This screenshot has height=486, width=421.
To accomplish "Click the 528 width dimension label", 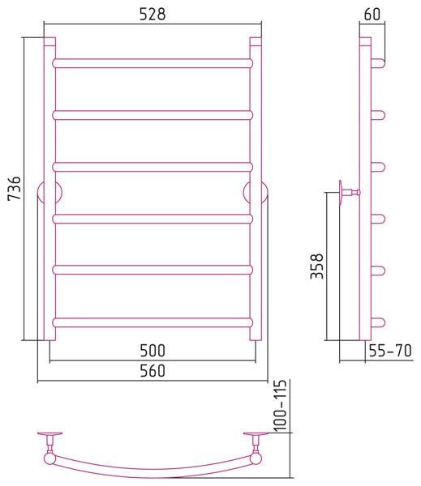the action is [x=153, y=15].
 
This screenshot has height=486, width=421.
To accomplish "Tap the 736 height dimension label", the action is [x=15, y=188].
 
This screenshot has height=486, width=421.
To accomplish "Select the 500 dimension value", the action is [x=153, y=351].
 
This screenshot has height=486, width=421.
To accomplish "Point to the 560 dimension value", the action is [x=153, y=371].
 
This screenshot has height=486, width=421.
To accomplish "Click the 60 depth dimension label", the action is [x=372, y=15].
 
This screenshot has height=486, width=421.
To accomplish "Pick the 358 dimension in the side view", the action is [x=317, y=266].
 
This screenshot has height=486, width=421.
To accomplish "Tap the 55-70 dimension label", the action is [x=390, y=351].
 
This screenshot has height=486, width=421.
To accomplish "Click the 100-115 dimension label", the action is [x=280, y=405].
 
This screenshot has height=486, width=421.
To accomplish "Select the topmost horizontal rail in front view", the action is [x=153, y=63].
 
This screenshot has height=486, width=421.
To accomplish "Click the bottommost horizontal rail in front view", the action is [x=153, y=322].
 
